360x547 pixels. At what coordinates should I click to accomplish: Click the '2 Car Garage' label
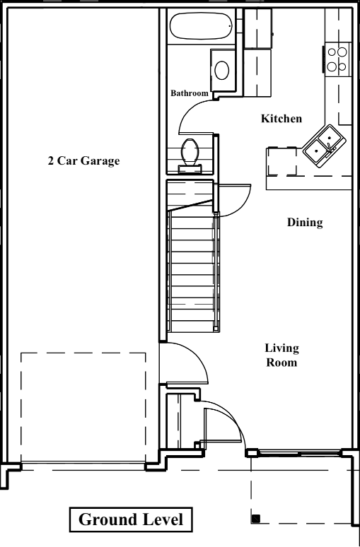pos(83,160)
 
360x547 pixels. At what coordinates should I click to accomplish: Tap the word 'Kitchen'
pos(281,118)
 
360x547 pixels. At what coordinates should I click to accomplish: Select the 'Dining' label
pos(305,223)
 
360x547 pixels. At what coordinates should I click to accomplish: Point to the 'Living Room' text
pos(281,355)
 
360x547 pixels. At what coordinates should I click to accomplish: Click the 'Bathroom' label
pos(190,93)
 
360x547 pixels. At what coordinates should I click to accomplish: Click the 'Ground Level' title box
pos(131,519)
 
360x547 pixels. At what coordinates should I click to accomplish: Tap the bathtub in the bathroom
pos(201,26)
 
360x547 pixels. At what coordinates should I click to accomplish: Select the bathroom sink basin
pos(221,70)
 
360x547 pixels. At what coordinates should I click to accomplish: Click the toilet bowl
pos(190,152)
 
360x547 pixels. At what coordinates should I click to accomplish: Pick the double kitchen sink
pos(324,146)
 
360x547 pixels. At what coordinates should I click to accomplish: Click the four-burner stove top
pos(337,59)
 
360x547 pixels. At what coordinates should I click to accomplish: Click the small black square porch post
pos(256,519)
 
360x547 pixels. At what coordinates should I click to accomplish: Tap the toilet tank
pos(190,169)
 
